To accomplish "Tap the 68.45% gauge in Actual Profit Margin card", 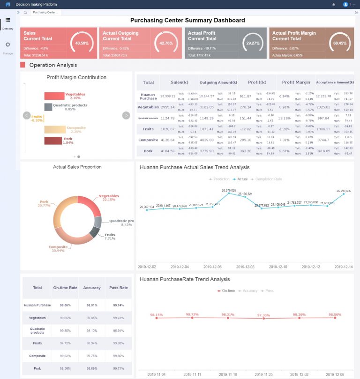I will coord(339,43).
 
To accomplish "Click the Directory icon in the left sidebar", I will coord(7,20).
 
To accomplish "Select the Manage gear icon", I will coord(7,45).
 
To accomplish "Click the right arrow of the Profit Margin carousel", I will coord(126,115).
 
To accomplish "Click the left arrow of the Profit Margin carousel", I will coord(27,115).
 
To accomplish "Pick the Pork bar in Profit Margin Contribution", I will coord(53,141).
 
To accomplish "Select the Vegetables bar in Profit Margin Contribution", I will coord(54,96).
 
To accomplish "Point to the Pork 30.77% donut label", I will coord(44,204).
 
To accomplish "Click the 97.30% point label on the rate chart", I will coord(263,315).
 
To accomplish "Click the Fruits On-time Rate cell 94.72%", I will coord(65,343).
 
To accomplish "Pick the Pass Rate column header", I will coord(118,288).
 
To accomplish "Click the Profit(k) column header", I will coord(257,82).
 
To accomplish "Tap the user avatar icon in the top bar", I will coord(346,4).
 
